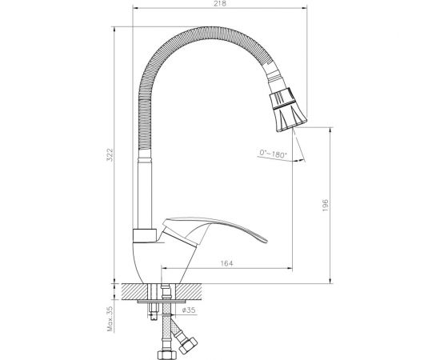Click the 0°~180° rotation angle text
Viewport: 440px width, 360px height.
[x=272, y=152]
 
